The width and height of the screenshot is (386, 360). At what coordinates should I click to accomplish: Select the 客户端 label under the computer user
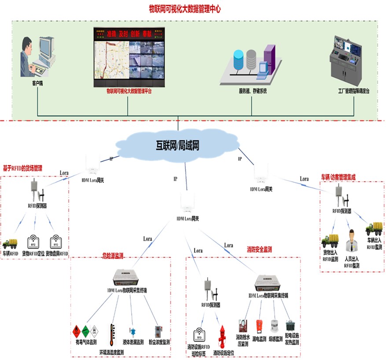point(37,83)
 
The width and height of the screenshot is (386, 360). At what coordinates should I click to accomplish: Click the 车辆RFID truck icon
point(10,243)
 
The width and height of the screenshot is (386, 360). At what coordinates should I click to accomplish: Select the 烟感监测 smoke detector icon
point(276,327)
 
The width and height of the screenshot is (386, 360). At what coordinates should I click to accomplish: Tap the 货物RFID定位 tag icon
point(34,241)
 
